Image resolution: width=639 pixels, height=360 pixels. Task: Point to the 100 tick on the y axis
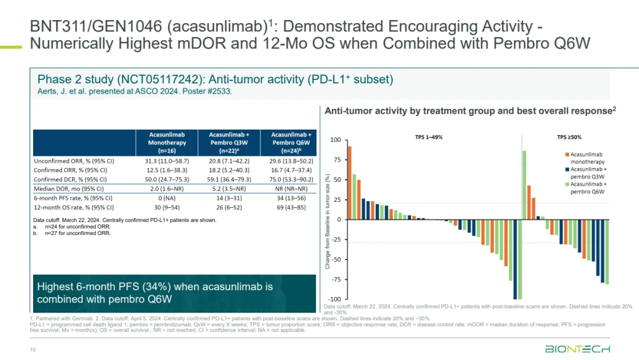coord(335,140)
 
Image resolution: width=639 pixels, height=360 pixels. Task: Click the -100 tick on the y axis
coord(334,300)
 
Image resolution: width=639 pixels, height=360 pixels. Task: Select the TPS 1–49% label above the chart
coord(428,137)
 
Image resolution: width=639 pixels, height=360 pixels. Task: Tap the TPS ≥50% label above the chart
coord(569,137)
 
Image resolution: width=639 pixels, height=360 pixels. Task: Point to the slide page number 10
coord(33,350)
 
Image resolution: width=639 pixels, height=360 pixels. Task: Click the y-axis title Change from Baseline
coord(327,222)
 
